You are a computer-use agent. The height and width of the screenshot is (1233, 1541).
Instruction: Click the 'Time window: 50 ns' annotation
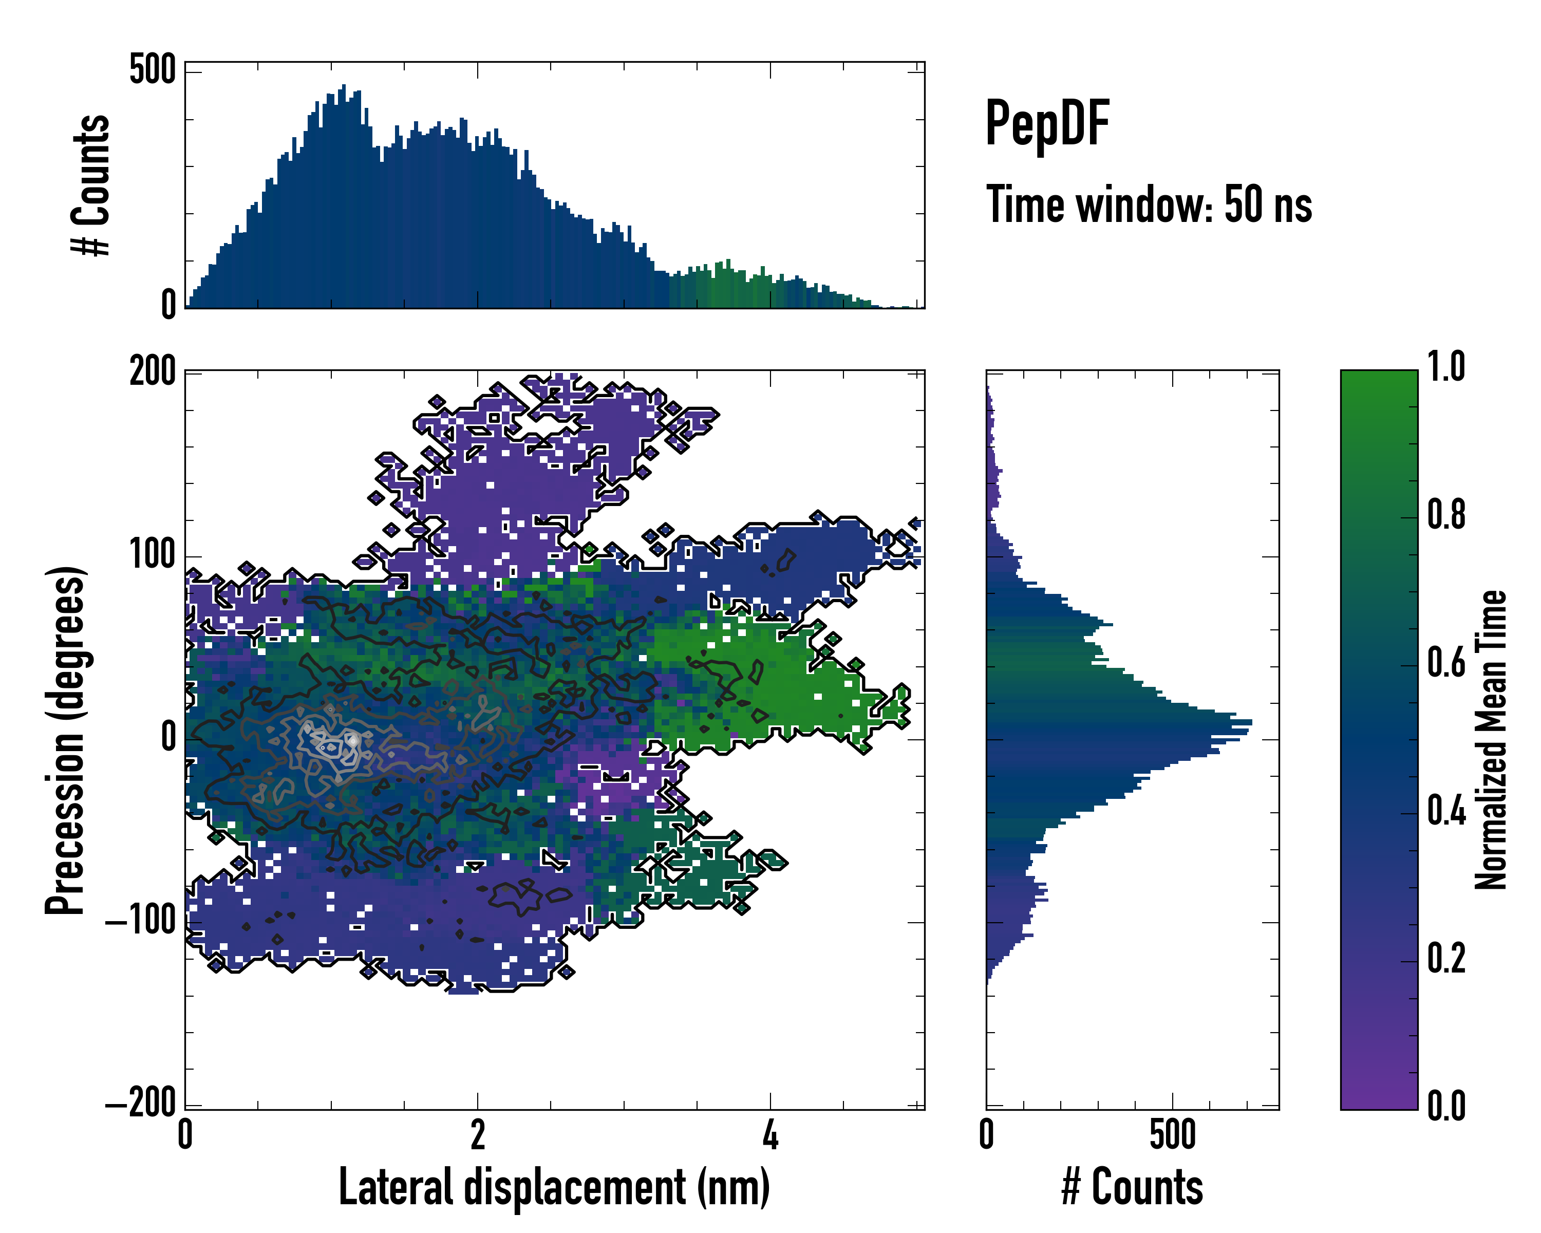coord(1149,204)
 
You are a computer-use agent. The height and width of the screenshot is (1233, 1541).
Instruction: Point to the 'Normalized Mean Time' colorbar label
coord(1491,740)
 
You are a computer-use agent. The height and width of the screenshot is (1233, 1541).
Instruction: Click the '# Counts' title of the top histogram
coord(91,185)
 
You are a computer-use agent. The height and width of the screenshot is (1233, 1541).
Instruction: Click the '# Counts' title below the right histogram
coord(1132,1188)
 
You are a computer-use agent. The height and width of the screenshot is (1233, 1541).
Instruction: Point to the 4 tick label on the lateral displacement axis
coord(770,1135)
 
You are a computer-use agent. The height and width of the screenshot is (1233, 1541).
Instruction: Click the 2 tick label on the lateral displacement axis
coord(477,1135)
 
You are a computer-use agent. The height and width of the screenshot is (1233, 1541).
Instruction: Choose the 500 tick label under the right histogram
coord(1172,1135)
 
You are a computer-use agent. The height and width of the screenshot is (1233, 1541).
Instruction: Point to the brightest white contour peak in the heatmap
coord(352,740)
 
